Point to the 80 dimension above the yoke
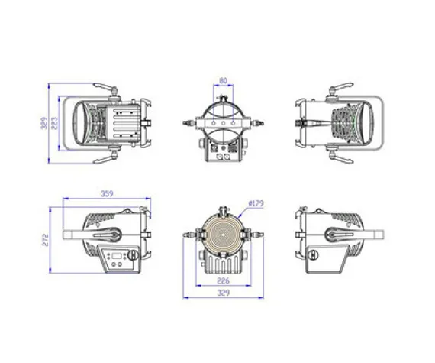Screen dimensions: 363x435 coord(223,80)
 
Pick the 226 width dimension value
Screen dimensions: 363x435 coord(224,280)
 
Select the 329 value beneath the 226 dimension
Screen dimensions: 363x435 coord(224,292)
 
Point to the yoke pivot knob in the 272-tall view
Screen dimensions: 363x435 coord(112,234)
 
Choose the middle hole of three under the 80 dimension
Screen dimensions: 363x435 coord(224,122)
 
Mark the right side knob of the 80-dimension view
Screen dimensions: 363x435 coord(260,122)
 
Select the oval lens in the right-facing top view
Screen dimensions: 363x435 coord(362,122)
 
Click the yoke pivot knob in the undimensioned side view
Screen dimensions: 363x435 coord(334,234)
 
